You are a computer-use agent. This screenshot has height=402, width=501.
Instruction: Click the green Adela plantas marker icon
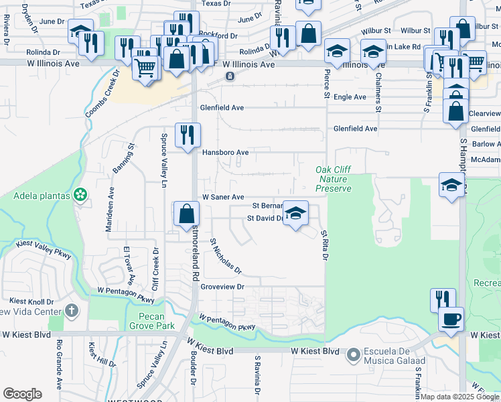[81, 195]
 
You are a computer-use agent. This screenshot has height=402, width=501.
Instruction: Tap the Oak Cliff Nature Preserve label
[334, 180]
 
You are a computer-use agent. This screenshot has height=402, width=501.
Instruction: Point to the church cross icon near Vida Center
[72, 311]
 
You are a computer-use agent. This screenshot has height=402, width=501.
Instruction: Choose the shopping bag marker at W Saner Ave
[187, 214]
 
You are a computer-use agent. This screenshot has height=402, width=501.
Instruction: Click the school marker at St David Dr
[295, 214]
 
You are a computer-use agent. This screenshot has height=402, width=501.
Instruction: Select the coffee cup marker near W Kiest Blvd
[451, 318]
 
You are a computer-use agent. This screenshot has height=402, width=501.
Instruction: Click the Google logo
[22, 394]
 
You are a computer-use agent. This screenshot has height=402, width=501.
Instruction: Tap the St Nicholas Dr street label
[226, 257]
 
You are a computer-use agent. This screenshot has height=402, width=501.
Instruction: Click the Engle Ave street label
[350, 97]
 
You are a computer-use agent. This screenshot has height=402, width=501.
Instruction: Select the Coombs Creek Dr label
[102, 93]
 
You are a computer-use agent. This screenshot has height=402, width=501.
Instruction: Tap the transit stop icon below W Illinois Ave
[230, 76]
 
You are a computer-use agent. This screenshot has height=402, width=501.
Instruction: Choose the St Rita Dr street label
[324, 246]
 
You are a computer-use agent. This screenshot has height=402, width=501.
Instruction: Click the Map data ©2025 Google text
[459, 397]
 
